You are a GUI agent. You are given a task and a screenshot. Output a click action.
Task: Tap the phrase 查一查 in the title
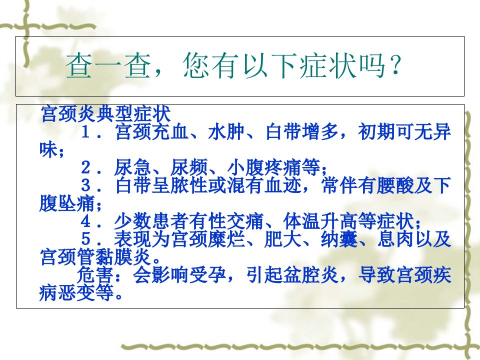[x=108, y=66]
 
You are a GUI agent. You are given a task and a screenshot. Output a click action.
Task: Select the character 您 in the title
[x=196, y=66]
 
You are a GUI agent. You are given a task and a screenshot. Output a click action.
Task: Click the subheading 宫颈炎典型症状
[x=105, y=114]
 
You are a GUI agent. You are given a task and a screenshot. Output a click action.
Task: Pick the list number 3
[x=86, y=185]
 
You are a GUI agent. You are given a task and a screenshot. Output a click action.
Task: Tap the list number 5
[x=86, y=239]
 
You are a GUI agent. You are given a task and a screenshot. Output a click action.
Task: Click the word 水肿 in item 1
[x=226, y=132]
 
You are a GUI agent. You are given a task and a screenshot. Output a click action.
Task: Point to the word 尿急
[x=132, y=167]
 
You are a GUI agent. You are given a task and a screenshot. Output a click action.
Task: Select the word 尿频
[x=189, y=167]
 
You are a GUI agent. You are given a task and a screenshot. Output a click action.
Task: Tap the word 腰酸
[x=395, y=185]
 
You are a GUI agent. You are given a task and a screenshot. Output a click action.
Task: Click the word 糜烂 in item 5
[x=226, y=239]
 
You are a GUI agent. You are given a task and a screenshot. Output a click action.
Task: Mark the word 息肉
[x=395, y=239]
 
